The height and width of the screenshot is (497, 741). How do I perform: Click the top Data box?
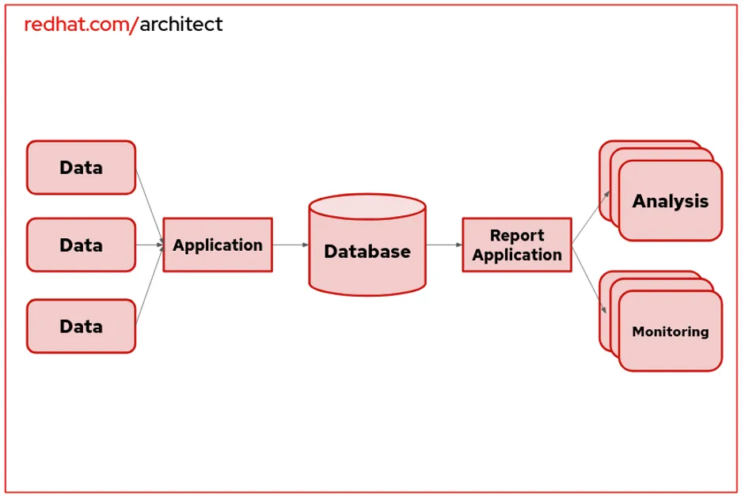pyautogui.click(x=81, y=168)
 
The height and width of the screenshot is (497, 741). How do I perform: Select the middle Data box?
pyautogui.click(x=81, y=245)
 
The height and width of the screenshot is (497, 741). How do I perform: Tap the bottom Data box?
pyautogui.click(x=81, y=326)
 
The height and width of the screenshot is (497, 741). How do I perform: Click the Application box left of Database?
pyautogui.click(x=218, y=245)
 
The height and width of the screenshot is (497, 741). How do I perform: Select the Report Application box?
pyautogui.click(x=517, y=245)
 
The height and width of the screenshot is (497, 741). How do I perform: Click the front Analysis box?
pyautogui.click(x=670, y=201)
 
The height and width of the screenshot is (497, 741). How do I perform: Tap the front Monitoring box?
pyautogui.click(x=670, y=332)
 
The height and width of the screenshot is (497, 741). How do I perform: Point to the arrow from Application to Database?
pyautogui.click(x=290, y=245)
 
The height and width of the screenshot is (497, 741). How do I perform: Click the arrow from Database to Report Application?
pyautogui.click(x=444, y=245)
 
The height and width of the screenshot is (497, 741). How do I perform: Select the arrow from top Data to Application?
pyautogui.click(x=149, y=205)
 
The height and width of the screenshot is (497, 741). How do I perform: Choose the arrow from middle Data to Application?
pyautogui.click(x=149, y=245)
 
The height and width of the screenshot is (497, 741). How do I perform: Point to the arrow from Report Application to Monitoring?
pyautogui.click(x=589, y=279)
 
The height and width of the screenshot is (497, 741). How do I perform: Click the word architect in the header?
pyautogui.click(x=181, y=25)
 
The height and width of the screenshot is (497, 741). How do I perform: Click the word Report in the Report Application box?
pyautogui.click(x=517, y=236)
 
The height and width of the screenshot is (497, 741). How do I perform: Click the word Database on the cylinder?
pyautogui.click(x=367, y=252)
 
